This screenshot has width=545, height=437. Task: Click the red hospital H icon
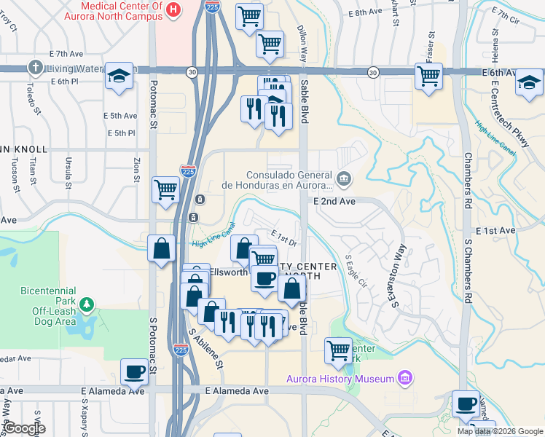point(173,9)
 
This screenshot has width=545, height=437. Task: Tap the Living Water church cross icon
point(34,68)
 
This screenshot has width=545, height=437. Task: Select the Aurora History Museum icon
point(405,377)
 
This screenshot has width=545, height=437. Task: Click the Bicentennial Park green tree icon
point(87,303)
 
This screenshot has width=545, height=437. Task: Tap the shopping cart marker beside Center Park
point(339,350)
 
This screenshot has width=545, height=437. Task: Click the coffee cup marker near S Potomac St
point(135,371)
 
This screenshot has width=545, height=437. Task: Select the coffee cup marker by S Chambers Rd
point(466,403)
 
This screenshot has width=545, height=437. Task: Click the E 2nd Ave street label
point(334,201)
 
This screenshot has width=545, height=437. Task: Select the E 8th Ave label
point(364,12)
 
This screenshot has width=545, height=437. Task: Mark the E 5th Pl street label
point(122,133)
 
